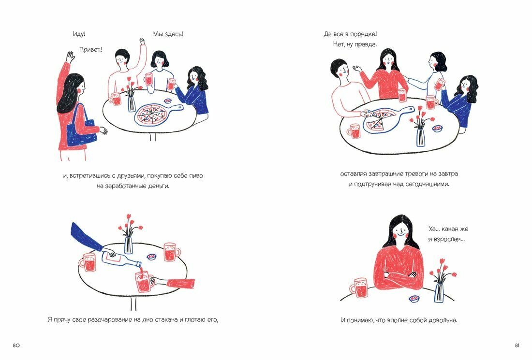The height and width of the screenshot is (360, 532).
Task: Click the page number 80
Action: coord(16,346)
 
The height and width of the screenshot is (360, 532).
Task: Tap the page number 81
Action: coord(517,346)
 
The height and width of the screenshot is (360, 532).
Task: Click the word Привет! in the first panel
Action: coord(91,49)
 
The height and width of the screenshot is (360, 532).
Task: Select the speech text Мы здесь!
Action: coord(168,34)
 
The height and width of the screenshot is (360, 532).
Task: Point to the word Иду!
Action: coord(79,34)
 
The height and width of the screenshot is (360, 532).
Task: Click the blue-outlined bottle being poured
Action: coord(121,261)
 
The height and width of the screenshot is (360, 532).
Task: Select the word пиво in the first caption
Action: coord(193,176)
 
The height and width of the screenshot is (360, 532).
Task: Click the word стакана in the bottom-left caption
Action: coord(145,319)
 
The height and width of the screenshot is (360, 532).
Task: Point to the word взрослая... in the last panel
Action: coord(446,239)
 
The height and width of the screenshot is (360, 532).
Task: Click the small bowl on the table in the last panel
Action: coord(414,299)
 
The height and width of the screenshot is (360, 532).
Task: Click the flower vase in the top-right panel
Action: coord(420,137)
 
